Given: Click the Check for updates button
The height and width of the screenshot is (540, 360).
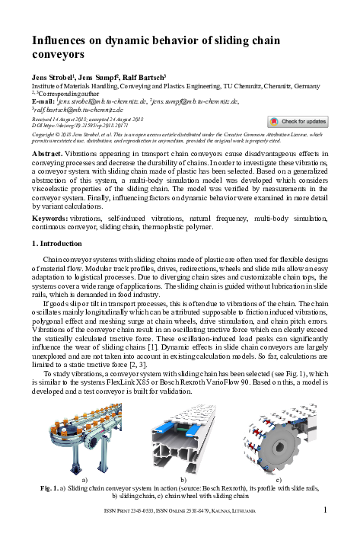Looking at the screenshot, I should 298,121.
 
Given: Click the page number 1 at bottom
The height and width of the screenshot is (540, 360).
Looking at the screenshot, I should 325,509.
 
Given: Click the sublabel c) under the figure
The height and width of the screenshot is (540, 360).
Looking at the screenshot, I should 279,480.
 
